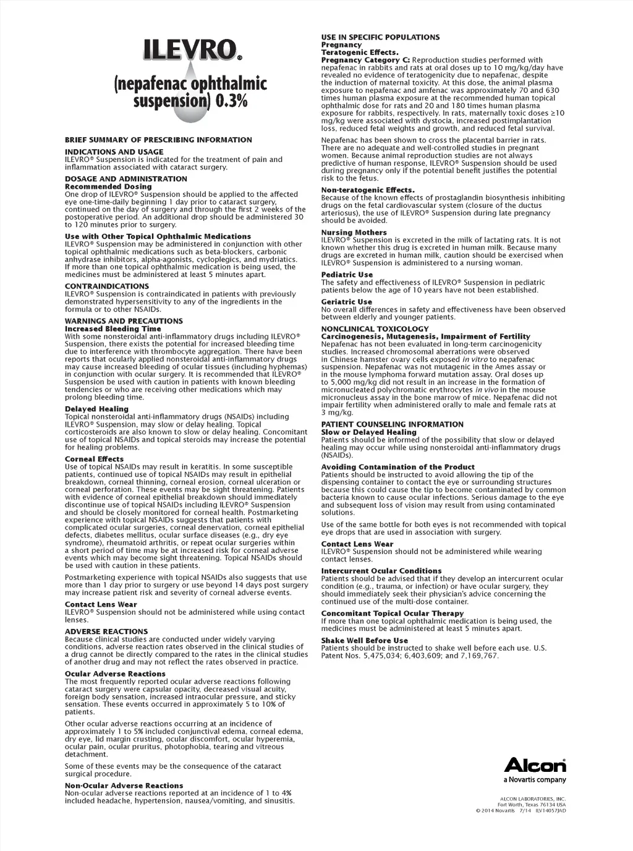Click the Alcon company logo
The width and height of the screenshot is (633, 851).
[535, 765]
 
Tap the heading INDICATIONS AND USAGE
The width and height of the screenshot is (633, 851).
[114, 152]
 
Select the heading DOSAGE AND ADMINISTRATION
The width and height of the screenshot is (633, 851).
[126, 179]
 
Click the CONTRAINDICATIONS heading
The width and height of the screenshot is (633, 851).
[107, 286]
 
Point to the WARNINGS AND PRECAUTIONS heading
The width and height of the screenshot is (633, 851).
[124, 321]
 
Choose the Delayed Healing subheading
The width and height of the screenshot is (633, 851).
[96, 409]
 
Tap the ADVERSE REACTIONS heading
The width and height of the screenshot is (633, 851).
[106, 631]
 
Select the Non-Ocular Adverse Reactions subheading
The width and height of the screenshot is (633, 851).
[124, 785]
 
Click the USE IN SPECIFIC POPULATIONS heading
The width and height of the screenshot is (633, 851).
[380, 37]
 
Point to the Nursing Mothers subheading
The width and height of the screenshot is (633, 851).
[354, 233]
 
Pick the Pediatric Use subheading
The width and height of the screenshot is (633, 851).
[347, 275]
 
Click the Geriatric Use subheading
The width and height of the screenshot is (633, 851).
[346, 302]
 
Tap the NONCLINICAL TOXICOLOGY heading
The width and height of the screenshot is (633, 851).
[375, 329]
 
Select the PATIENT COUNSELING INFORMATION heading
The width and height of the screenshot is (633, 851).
[392, 424]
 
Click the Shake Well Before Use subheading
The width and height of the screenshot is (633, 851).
[364, 641]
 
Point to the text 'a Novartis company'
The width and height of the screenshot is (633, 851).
[535, 780]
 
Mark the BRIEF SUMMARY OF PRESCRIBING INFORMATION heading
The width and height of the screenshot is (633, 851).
[158, 140]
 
